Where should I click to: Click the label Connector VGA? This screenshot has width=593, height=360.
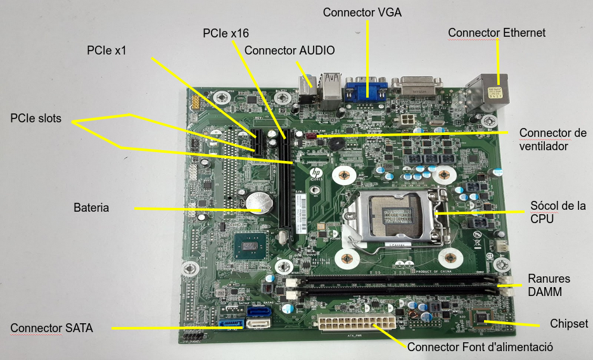point(362,12)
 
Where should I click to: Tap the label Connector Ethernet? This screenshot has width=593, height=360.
point(497,32)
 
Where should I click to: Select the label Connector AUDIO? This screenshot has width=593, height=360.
point(290,50)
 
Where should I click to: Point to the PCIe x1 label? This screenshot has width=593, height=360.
point(106,51)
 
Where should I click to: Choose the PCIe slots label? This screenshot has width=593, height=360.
point(36,119)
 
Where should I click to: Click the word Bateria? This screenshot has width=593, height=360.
point(91,207)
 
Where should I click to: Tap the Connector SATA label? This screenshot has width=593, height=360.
point(52,328)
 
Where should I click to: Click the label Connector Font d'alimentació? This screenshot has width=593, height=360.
point(480,347)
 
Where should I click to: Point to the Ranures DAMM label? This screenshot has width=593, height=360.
point(549,285)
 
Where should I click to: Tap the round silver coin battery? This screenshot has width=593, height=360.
point(259,203)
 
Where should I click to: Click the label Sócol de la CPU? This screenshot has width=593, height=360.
point(557,212)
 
